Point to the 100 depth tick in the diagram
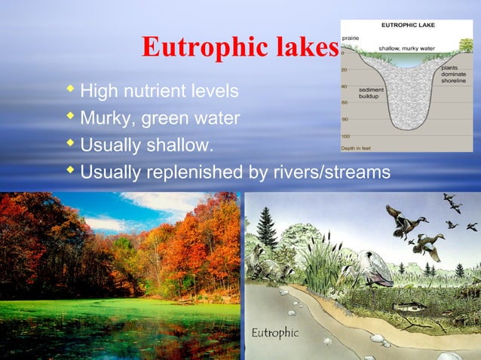pos(346,136)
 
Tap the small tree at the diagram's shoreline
pos(467,46)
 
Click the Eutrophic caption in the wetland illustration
pos(275,332)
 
